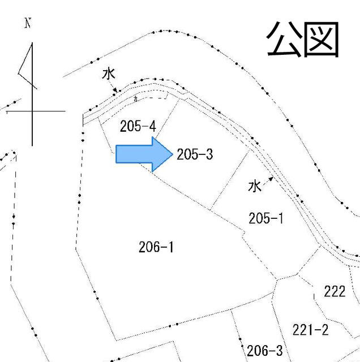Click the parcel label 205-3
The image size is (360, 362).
pyautogui.click(x=194, y=154)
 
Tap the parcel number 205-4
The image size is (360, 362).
pyautogui.click(x=138, y=126)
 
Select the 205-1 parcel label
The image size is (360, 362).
pyautogui.click(x=265, y=218)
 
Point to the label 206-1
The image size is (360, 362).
pyautogui.click(x=156, y=247)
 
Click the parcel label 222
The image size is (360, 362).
pyautogui.click(x=335, y=292)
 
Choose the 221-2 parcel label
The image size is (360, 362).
pyautogui.click(x=310, y=330)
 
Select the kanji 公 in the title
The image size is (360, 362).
pyautogui.click(x=285, y=40)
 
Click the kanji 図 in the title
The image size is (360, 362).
pyautogui.click(x=320, y=40)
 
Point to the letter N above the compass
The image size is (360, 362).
pyautogui.click(x=27, y=24)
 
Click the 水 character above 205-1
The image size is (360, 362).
pyautogui.click(x=255, y=186)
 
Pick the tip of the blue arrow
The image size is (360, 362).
pyautogui.click(x=172, y=154)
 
